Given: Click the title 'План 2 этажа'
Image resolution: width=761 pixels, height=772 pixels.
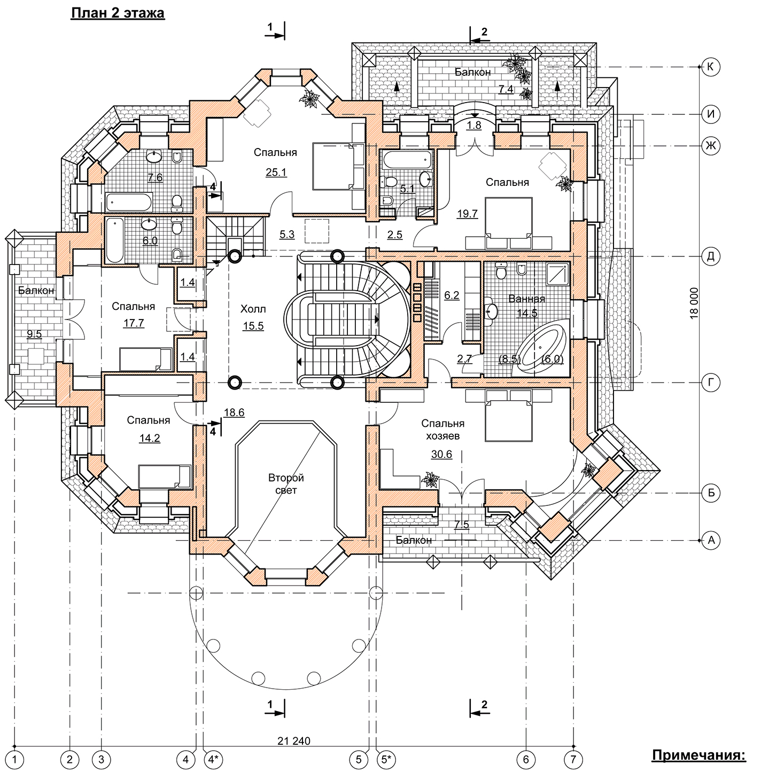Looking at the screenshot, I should click(x=118, y=13).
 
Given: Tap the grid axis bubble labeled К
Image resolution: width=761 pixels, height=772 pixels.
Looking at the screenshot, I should click(x=711, y=67).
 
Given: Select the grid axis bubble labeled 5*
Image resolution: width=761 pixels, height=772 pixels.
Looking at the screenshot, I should click(x=386, y=758).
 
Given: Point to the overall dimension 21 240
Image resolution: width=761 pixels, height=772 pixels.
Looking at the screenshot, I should click(x=293, y=741).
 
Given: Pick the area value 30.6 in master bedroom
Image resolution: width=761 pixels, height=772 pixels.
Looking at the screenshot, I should click(x=441, y=455).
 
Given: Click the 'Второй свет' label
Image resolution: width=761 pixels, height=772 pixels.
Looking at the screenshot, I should click(x=286, y=484).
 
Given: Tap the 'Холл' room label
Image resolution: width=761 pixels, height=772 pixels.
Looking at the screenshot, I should click(x=253, y=309).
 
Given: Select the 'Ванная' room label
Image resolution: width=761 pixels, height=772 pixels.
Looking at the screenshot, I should click(x=526, y=299).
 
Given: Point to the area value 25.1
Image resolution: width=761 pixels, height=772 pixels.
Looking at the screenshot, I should click(x=276, y=172).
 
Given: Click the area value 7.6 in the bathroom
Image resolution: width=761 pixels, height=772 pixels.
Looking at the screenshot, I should click(x=155, y=177).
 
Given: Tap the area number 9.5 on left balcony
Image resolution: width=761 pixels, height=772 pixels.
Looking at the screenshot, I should click(x=34, y=334).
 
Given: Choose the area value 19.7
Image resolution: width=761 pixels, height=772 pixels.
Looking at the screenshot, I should click(x=467, y=214).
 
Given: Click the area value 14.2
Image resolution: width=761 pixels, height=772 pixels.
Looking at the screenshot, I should click(x=149, y=439).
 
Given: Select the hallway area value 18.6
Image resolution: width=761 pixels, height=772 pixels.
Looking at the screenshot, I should click(x=234, y=412).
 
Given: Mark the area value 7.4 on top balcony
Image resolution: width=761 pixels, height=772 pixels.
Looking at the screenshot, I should click(x=506, y=89).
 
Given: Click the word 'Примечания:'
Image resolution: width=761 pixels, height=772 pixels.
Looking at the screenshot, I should click(x=698, y=755).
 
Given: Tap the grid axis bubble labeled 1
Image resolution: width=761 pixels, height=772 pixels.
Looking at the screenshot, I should click(x=17, y=758).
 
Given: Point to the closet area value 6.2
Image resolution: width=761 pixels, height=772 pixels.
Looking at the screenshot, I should click(x=452, y=295).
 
